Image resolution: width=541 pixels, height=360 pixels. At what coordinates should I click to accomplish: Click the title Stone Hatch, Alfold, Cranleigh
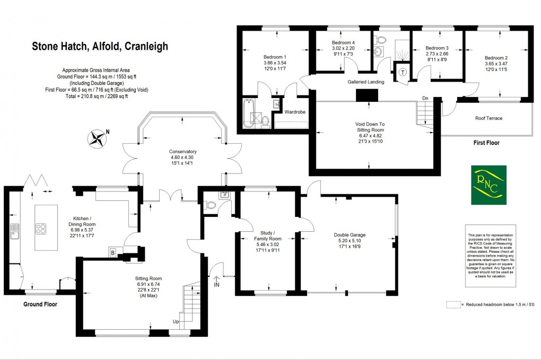click(100, 47)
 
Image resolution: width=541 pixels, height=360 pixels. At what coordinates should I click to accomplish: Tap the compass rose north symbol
click(97, 139)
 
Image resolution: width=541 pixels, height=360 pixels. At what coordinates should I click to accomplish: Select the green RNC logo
click(488, 185)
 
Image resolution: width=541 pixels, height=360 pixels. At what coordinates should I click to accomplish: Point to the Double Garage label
click(350, 235)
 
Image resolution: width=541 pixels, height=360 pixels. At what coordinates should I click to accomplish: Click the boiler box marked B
click(113, 252)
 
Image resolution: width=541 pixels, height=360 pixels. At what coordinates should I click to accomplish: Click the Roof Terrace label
click(488, 118)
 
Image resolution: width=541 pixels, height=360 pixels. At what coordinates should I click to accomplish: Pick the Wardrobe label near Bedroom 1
click(294, 112)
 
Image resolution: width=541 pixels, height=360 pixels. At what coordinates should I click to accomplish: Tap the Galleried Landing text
click(365, 82)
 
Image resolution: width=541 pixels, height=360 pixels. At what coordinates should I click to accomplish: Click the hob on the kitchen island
click(40, 229)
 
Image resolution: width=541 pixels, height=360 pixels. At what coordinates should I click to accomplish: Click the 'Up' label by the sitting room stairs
click(175, 322)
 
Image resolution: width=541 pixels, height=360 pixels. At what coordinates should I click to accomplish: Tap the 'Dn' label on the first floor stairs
click(425, 98)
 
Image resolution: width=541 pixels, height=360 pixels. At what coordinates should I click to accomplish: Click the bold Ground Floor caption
click(40, 304)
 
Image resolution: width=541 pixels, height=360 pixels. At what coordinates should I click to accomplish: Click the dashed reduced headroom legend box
click(452, 305)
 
